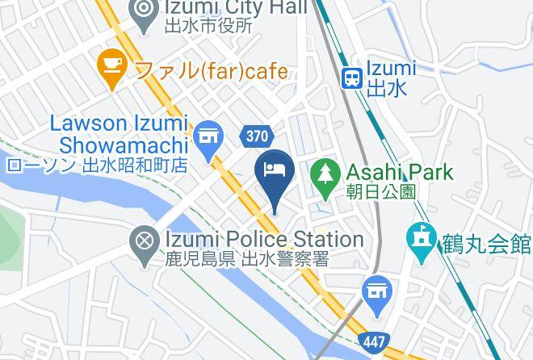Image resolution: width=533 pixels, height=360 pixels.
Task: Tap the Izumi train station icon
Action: (x=352, y=78)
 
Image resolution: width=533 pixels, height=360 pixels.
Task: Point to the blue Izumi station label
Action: (x=391, y=69)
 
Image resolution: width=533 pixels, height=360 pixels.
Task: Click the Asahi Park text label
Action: (x=400, y=172)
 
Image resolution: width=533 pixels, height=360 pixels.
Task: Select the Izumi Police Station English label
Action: (x=264, y=239)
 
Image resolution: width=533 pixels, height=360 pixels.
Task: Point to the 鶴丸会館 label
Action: (x=485, y=242)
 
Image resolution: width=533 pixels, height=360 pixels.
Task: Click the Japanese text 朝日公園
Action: (x=381, y=191)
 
